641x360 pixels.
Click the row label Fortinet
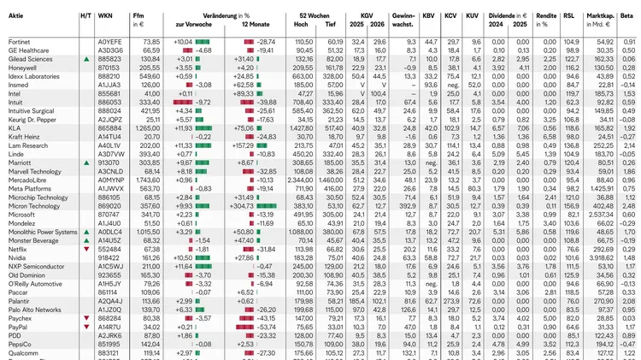[20, 41]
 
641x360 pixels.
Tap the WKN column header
[106, 16]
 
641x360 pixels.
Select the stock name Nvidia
[17, 257]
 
